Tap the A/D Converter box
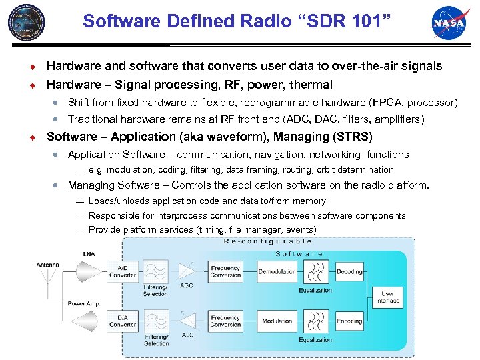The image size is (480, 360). (123, 271)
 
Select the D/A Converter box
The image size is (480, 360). (123, 321)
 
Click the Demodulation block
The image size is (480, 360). (277, 271)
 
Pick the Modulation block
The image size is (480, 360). (277, 321)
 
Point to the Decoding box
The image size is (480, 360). (349, 271)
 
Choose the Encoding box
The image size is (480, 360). (349, 321)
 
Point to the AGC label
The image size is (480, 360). (187, 285)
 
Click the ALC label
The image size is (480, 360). (187, 335)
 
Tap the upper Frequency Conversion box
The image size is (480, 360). (225, 271)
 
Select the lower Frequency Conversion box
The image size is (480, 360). (225, 321)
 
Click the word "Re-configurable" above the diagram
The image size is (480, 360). (268, 241)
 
